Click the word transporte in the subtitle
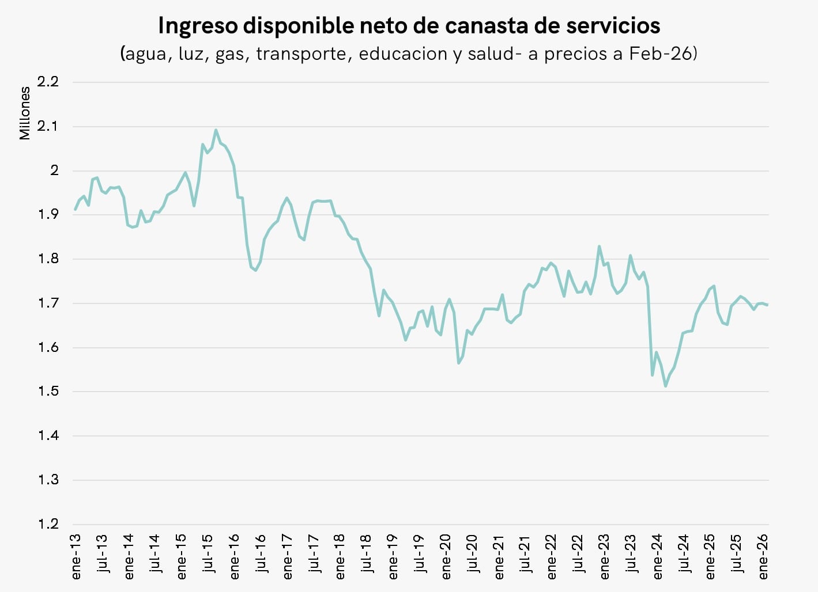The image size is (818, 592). click(303, 54)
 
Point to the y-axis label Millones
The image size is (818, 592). click(25, 113)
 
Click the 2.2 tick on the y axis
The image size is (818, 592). click(48, 82)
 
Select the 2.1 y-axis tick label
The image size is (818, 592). click(48, 126)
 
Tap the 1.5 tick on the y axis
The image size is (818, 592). click(48, 392)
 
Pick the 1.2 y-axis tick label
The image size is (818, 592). click(48, 524)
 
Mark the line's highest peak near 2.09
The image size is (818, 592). click(216, 130)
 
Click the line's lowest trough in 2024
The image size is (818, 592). click(666, 386)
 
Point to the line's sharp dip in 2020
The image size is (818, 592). click(458, 363)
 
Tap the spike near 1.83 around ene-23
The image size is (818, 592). click(600, 246)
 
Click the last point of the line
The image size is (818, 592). click(767, 305)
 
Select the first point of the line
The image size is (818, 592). click(76, 210)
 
